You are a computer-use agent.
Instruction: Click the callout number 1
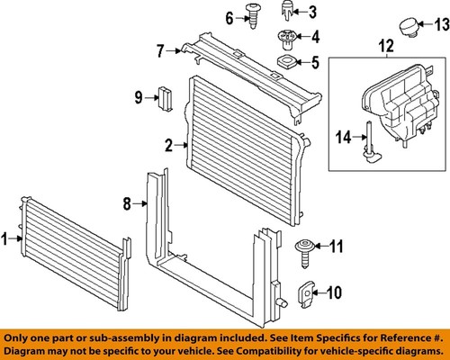pyautogui.click(x=5, y=238)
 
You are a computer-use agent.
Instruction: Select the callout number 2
pyautogui.click(x=168, y=144)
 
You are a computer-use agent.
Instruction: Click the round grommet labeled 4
pyautogui.click(x=286, y=38)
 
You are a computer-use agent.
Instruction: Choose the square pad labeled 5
pyautogui.click(x=286, y=62)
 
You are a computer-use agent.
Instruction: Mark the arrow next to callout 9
pyautogui.click(x=149, y=95)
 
